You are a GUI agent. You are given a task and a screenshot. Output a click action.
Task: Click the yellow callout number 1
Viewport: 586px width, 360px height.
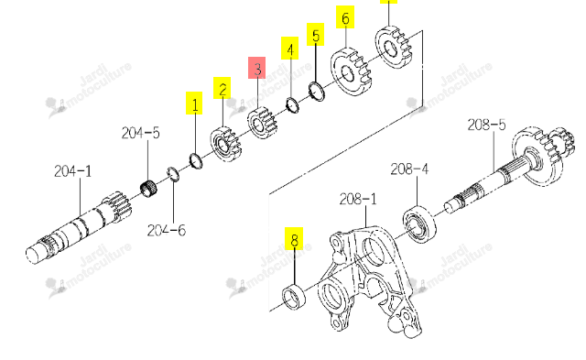(x=194, y=103)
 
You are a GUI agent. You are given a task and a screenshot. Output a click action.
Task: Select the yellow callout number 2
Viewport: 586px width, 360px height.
(x=222, y=88)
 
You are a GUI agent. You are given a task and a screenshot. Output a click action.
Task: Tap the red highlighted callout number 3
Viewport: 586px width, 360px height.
(x=257, y=68)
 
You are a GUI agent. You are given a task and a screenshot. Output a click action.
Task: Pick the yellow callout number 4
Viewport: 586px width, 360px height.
(x=290, y=49)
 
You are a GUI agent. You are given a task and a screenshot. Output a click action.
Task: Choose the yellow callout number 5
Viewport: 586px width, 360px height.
(x=315, y=35)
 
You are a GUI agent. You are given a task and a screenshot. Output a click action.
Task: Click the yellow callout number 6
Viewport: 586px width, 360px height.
(x=345, y=17)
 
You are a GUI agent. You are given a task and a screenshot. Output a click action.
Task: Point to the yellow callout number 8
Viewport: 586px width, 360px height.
(x=294, y=238)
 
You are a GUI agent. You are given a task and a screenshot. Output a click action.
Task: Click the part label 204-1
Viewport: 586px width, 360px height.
(x=73, y=171)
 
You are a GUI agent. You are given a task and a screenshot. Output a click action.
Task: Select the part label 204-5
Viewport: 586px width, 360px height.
(x=140, y=133)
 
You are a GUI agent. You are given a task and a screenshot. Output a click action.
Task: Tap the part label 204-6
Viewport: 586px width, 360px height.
(x=167, y=230)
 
